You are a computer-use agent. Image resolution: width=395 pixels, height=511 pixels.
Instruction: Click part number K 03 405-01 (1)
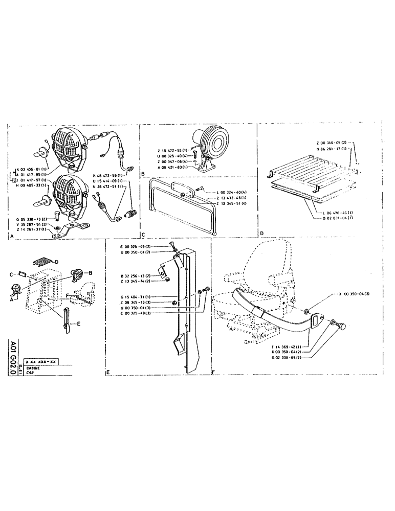32,169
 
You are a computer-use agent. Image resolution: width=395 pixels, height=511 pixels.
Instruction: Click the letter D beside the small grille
57,262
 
